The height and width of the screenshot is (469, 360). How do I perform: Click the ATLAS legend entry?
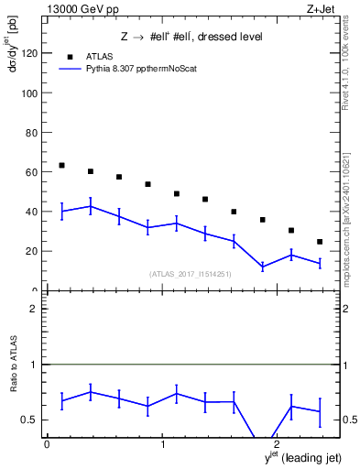[100, 54]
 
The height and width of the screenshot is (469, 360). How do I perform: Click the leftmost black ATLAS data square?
[61, 165]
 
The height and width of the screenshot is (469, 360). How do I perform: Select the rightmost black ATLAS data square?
[319, 242]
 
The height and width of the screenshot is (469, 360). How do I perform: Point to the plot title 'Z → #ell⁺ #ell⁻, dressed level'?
[191, 37]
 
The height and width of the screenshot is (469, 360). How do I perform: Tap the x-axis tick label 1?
[163, 445]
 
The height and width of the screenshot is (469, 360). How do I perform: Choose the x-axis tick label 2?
[277, 445]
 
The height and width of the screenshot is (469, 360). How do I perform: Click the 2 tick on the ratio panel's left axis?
[37, 309]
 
